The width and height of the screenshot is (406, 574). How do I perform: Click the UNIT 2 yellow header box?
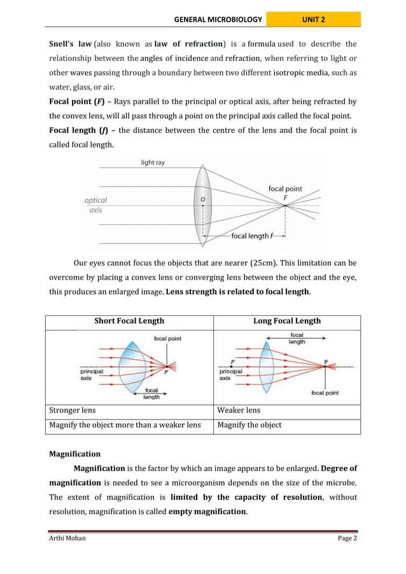click(x=313, y=20)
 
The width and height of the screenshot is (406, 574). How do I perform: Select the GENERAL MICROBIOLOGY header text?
click(x=218, y=20)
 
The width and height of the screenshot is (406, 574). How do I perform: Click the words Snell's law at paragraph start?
click(x=71, y=44)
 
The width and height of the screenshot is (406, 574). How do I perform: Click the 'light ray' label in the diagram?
click(x=153, y=163)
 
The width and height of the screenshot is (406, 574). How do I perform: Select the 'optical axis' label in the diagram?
click(x=95, y=205)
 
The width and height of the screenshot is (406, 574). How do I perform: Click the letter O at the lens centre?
click(x=202, y=199)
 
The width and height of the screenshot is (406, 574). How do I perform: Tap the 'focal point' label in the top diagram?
click(x=284, y=189)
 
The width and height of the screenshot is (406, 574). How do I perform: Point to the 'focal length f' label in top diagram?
click(x=252, y=236)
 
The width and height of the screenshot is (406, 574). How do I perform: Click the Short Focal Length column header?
click(x=129, y=321)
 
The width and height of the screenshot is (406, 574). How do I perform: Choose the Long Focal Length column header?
click(x=287, y=321)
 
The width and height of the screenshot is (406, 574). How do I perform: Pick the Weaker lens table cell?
click(x=239, y=410)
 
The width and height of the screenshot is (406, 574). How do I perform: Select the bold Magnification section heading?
click(x=75, y=454)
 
